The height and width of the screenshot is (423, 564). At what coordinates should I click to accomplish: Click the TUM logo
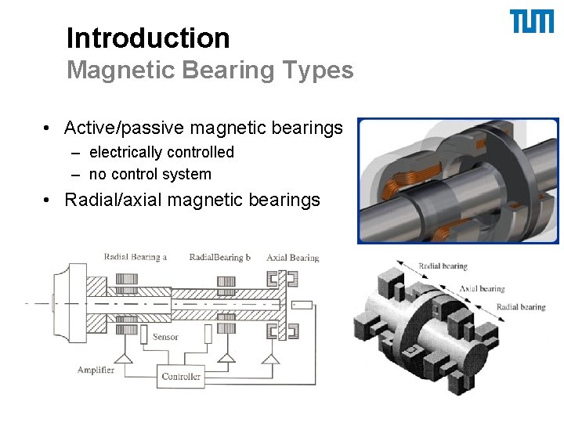coord(532,21)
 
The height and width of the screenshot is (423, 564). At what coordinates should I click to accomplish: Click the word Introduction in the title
coord(148,38)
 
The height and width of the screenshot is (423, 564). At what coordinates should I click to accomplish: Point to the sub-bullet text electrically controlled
coord(161,152)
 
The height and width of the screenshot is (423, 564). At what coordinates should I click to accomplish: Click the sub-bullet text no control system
coord(150,174)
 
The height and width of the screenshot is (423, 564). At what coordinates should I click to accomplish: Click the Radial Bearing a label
coord(136,257)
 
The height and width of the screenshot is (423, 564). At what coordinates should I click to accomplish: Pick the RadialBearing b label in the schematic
coord(220,257)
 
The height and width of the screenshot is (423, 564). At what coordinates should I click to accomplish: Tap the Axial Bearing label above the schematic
coord(293,257)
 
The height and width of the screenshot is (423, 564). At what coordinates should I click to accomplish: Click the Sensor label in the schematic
coord(165,337)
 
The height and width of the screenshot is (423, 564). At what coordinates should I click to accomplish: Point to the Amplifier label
coord(96,370)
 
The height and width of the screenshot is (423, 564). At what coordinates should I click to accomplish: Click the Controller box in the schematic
coord(181,377)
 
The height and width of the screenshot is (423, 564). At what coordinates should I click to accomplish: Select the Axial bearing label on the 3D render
coord(482,288)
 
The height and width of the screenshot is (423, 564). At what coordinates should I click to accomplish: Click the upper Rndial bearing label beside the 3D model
coord(443,266)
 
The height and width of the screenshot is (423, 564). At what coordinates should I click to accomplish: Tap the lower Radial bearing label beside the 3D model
coord(521,307)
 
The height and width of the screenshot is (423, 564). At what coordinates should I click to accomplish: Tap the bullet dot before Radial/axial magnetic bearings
coord(49,201)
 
